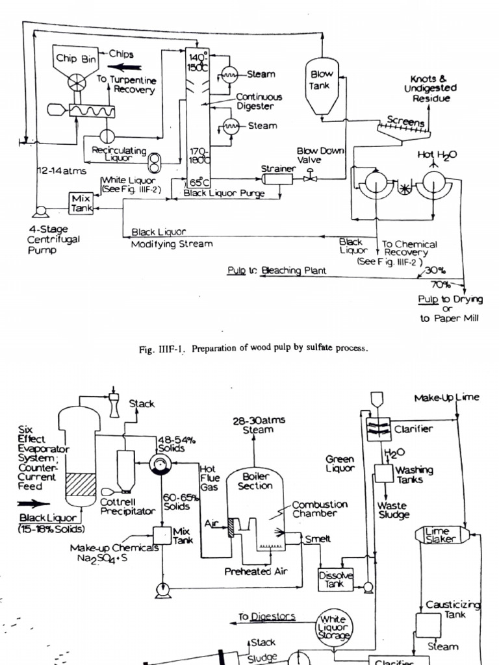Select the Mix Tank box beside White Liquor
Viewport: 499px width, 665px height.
(x=82, y=203)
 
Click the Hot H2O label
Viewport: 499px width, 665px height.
(x=437, y=155)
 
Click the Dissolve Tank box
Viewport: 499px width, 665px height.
(x=336, y=579)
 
